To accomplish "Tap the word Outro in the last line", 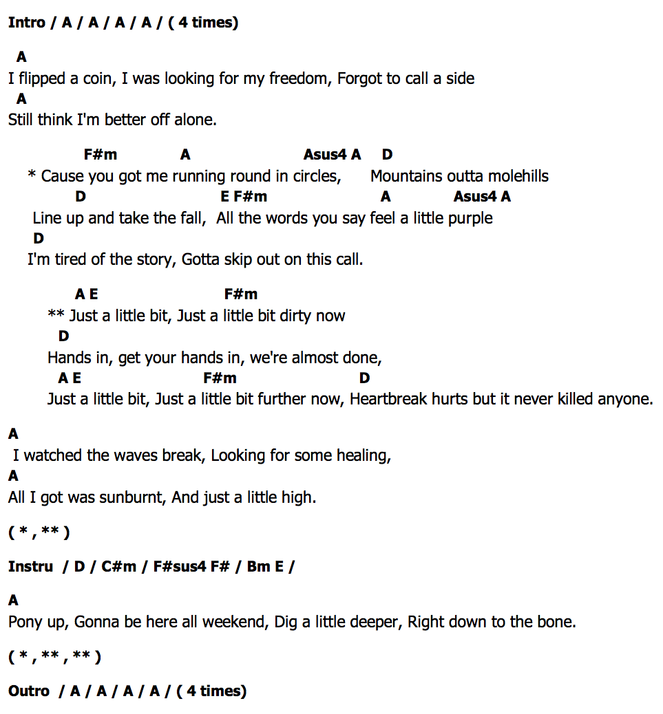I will (29, 691).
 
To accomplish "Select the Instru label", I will (30, 567).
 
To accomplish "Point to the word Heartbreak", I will (388, 399).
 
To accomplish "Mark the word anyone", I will (624, 399).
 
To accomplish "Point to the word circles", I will (316, 176).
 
